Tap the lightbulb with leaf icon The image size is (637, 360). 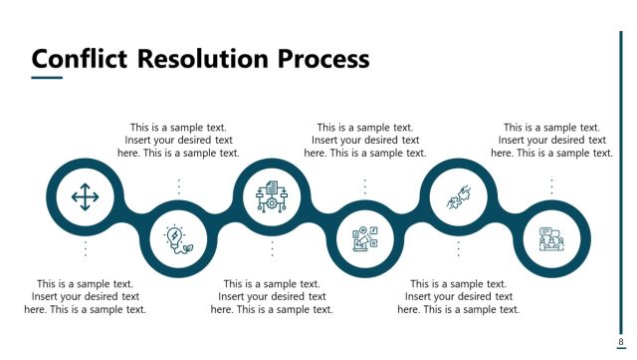(x=179, y=239)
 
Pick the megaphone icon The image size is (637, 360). (x=365, y=239)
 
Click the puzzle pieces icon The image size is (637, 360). (x=459, y=197)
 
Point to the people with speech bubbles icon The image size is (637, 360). (x=551, y=239)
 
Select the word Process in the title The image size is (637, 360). (x=323, y=59)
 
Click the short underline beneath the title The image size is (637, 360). (x=47, y=78)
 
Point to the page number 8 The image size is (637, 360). (x=620, y=342)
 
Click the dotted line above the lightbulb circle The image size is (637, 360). (x=179, y=186)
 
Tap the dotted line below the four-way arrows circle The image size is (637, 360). (x=86, y=249)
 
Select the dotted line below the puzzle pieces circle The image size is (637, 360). (x=459, y=249)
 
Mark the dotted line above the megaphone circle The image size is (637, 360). (x=365, y=186)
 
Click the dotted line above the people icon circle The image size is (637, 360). (x=551, y=186)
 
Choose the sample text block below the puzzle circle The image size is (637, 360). (x=459, y=296)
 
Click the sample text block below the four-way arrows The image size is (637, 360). (x=86, y=296)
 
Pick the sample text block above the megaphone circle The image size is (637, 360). (x=365, y=141)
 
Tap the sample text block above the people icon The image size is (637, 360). (x=551, y=141)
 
